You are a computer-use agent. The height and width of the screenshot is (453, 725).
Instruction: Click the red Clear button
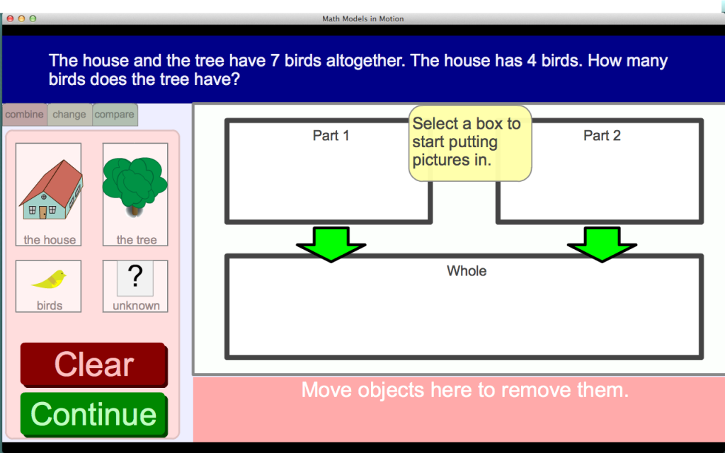94,365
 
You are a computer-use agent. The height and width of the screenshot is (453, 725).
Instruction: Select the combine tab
25,115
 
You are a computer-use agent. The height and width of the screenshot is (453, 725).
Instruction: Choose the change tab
69,115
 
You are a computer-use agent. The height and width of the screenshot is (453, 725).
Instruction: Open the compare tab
115,115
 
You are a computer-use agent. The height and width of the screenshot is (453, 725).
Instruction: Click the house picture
50,190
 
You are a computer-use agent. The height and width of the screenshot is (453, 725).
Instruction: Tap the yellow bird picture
49,279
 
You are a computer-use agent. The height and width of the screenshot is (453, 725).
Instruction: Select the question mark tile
135,277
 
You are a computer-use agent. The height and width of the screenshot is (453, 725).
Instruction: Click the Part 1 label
331,135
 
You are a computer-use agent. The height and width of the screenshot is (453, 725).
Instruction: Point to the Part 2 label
602,135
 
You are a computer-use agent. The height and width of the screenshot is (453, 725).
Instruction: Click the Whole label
467,271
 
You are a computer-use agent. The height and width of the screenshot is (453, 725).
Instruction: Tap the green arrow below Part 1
331,244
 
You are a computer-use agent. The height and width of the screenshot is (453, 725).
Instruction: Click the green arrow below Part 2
602,244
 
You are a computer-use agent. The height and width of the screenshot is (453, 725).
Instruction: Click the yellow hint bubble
470,143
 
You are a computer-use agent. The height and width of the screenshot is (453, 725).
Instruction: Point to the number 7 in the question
275,61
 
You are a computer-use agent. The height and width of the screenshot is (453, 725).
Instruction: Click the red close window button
10,18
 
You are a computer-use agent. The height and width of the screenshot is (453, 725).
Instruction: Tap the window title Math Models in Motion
363,19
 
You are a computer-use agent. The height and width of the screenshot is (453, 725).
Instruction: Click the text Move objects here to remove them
465,390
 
